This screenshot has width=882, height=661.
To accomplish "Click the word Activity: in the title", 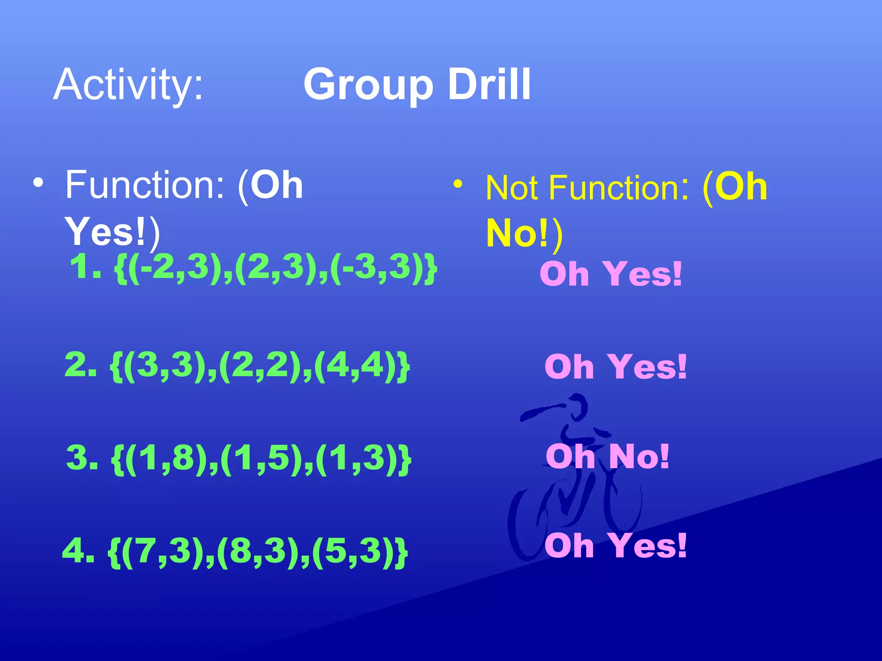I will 128,85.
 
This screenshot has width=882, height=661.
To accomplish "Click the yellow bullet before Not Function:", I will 458,185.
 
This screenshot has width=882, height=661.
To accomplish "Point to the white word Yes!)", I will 112,232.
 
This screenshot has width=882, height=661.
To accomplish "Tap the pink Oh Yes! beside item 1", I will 611,274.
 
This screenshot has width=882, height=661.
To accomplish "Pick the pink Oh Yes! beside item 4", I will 615,546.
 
